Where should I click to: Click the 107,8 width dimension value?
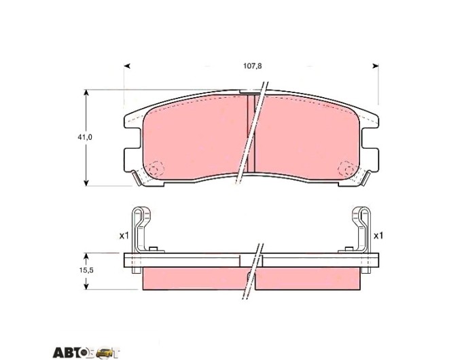tap(252, 66)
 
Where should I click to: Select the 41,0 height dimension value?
tap(85, 137)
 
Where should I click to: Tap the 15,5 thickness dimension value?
tap(86, 270)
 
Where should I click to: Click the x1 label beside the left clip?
tap(124, 236)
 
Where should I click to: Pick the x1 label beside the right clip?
tap(378, 236)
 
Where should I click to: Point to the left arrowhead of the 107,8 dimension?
tap(127, 66)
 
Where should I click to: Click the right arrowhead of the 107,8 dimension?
tap(376, 66)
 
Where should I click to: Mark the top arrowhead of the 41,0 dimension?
tap(86, 93)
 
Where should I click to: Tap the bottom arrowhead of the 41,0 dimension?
tap(86, 183)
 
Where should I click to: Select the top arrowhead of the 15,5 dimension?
tap(86, 256)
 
